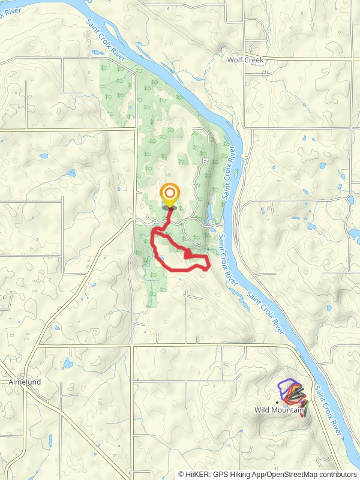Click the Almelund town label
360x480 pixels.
point(25,382)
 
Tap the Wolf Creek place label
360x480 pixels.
point(245,60)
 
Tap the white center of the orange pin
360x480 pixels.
point(170,193)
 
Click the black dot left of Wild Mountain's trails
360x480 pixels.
point(277,402)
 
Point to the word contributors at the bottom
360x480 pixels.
point(335,474)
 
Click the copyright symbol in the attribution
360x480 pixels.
point(181,474)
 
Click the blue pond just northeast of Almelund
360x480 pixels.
point(67,364)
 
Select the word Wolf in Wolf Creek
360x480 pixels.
point(235,60)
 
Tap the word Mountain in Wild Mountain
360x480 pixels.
point(287,410)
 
